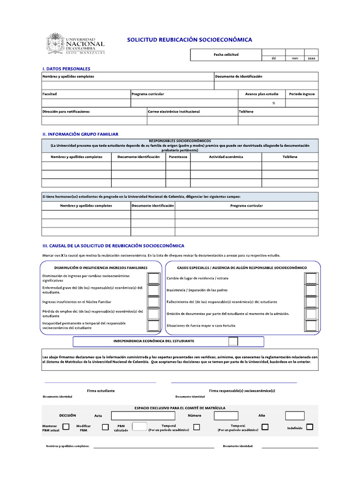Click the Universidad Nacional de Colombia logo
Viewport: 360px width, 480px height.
coord(75,44)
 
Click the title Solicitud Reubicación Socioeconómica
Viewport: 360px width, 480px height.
coord(189,40)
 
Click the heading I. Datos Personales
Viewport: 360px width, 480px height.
coord(66,69)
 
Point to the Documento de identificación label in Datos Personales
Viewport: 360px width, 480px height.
coord(239,76)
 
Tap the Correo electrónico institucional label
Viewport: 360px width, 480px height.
coord(174,112)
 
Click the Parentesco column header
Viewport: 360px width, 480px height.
coord(178,157)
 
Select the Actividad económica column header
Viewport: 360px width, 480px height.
coord(226,157)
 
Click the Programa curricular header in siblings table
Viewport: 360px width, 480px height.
coord(246,205)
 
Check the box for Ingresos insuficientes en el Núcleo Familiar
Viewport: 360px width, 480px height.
coord(153,302)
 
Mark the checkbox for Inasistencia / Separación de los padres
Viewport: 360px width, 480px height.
coord(311,290)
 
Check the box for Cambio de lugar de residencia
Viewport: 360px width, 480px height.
coord(311,278)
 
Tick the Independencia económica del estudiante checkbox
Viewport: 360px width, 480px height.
coord(233,341)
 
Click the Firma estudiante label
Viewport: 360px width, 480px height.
coord(101,390)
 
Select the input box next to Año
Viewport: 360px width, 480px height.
coord(295,416)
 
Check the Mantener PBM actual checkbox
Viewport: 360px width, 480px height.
coord(66,427)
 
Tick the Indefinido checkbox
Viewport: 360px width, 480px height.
coord(309,427)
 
